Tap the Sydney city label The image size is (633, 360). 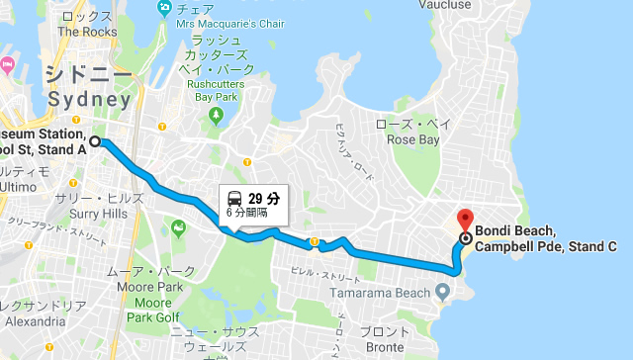tap(89, 100)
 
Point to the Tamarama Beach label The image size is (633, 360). tap(379, 291)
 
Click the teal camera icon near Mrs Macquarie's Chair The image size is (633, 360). tap(165, 9)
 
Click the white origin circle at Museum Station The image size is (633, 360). tap(95, 141)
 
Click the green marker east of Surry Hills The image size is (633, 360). tap(179, 228)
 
